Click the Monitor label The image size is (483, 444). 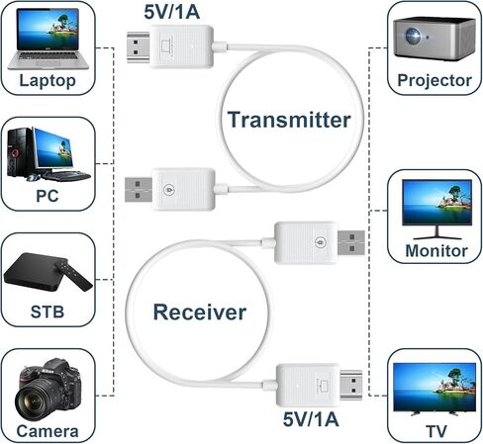click(x=435, y=250)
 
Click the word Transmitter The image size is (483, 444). click(x=288, y=120)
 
